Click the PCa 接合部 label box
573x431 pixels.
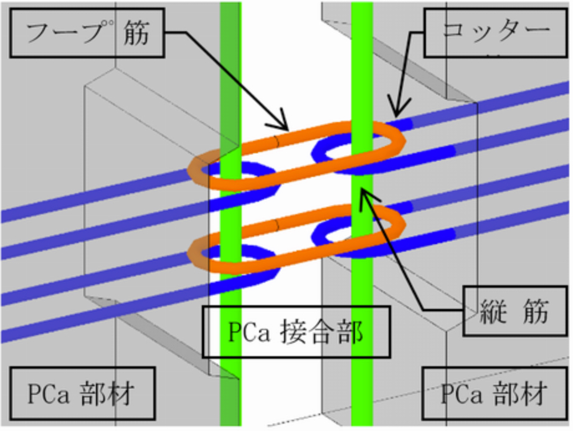point(295,331)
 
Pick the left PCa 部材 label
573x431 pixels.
point(80,393)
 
